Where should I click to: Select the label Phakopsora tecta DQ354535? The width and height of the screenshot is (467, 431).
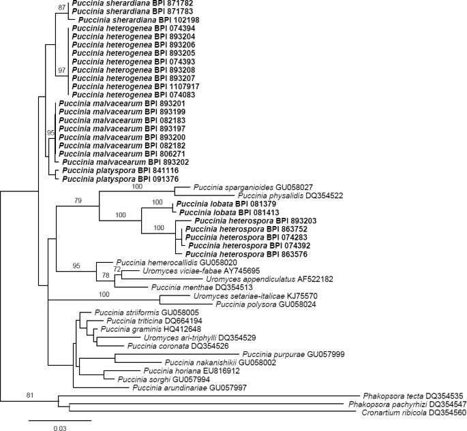(406, 395)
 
